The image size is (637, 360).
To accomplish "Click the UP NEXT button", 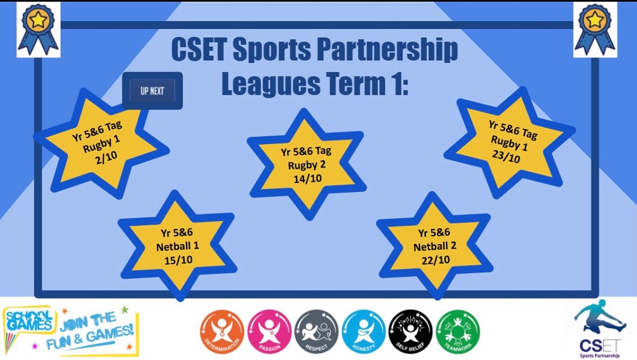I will (152, 91).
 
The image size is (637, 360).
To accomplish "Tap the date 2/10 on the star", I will (105, 159).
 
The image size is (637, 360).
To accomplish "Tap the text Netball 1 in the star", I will (177, 245).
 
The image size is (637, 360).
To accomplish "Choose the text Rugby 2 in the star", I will (306, 165).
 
